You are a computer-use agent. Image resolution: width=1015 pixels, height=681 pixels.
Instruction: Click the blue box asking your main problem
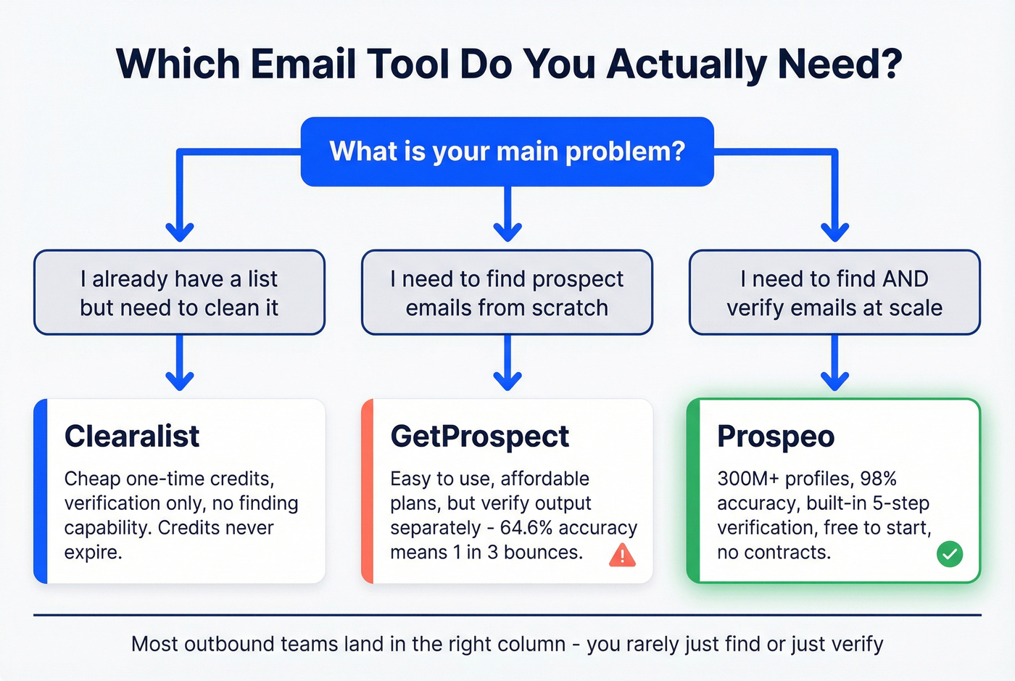click(507, 152)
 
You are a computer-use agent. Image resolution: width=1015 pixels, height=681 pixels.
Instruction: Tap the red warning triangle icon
click(622, 556)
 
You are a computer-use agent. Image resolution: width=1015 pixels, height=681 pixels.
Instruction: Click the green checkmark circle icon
click(949, 555)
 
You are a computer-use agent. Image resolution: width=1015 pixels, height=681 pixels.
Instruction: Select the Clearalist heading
click(131, 437)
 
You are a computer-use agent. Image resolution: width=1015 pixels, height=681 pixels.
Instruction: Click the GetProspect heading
click(479, 437)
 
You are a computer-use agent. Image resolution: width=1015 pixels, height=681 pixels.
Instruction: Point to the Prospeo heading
click(775, 437)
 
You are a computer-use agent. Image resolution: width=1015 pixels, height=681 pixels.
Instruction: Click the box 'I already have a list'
click(179, 293)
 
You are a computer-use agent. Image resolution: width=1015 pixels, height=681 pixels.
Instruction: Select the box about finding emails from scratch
click(507, 293)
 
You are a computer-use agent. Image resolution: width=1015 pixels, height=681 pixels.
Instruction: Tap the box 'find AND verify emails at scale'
click(834, 293)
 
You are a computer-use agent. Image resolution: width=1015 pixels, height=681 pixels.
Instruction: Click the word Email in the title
click(303, 64)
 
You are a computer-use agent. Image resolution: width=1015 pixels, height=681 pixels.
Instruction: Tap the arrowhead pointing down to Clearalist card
click(179, 380)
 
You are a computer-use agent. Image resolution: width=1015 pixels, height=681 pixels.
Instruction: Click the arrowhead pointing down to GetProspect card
click(507, 380)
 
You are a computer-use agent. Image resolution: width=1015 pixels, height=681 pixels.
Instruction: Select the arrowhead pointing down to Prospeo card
click(834, 380)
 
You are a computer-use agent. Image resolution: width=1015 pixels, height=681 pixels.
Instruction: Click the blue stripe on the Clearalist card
click(41, 491)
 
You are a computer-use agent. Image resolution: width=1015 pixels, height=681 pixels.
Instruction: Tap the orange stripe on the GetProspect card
click(368, 491)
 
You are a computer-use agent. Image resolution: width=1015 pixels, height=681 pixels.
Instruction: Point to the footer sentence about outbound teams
click(507, 644)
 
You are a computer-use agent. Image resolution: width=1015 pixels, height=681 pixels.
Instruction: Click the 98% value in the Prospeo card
click(878, 479)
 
